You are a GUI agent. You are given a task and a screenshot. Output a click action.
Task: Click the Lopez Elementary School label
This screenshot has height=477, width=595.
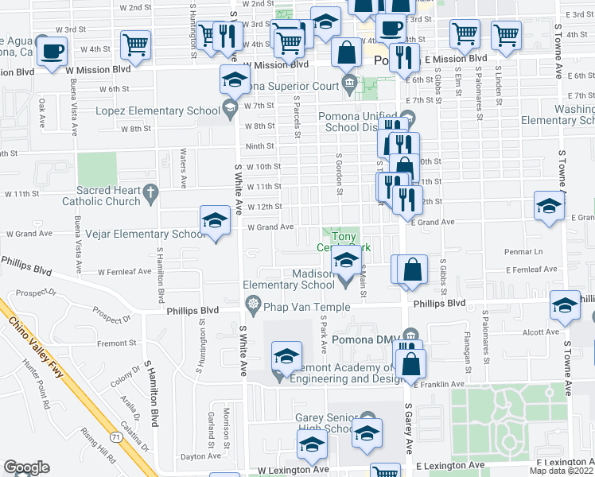point(169,111)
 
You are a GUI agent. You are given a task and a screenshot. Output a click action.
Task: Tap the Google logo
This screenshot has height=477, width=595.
point(26,467)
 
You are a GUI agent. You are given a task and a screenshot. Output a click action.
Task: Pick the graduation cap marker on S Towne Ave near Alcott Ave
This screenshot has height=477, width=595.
point(565,306)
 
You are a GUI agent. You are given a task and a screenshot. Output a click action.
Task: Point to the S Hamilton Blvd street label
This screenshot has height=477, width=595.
point(150,382)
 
